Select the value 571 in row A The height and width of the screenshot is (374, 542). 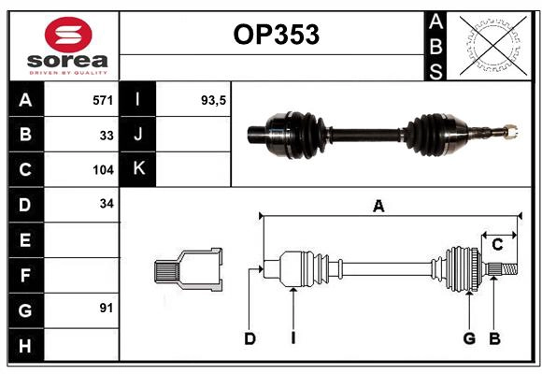pyautogui.click(x=103, y=99)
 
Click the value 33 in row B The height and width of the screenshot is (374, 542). pyautogui.click(x=107, y=135)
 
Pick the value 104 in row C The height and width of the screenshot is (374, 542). pyautogui.click(x=103, y=170)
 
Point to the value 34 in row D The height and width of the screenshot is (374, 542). pyautogui.click(x=107, y=204)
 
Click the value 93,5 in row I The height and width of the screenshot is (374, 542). pyautogui.click(x=214, y=99)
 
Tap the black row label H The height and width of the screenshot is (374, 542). pyautogui.click(x=25, y=345)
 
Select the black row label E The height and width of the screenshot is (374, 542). pyautogui.click(x=25, y=240)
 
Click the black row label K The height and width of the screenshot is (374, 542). pyautogui.click(x=138, y=169)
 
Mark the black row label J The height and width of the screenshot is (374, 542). pyautogui.click(x=138, y=135)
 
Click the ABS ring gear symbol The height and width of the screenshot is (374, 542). pyautogui.click(x=488, y=44)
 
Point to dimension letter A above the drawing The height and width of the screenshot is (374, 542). pyautogui.click(x=378, y=207)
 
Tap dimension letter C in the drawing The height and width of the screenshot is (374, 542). pyautogui.click(x=498, y=244)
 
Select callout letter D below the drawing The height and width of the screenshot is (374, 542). pyautogui.click(x=250, y=338)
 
